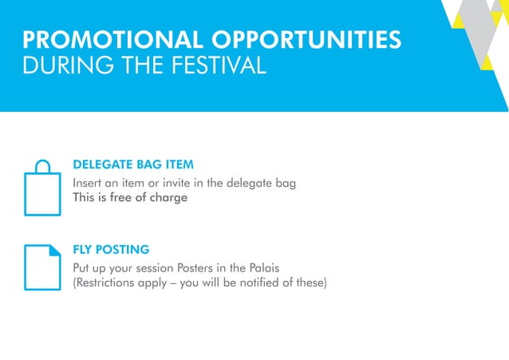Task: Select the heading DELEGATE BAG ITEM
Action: click(133, 165)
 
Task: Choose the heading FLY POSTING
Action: click(111, 249)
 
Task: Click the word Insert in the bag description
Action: click(89, 184)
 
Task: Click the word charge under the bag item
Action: click(168, 198)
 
